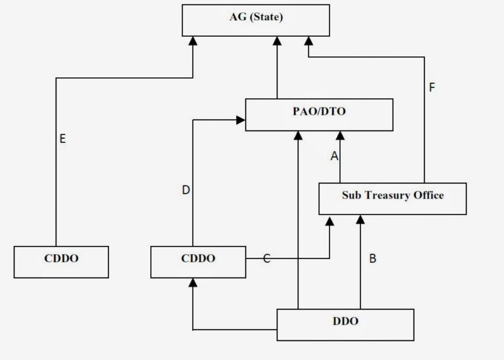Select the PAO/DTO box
[x=319, y=115]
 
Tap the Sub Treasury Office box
[x=392, y=198]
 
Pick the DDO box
[x=345, y=325]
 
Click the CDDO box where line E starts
[x=61, y=262]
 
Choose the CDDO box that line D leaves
[x=198, y=262]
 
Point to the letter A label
[x=334, y=156]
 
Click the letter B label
[x=372, y=258]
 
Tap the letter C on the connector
[x=266, y=259]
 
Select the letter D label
[x=186, y=190]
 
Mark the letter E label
[x=62, y=139]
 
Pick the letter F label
[x=431, y=87]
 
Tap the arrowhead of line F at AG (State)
[x=308, y=41]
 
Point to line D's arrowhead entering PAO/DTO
[x=240, y=120]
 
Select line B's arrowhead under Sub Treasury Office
[x=360, y=220]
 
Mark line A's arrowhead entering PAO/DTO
[x=340, y=136]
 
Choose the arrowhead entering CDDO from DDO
[x=192, y=283]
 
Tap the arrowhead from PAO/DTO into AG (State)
[x=277, y=41]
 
